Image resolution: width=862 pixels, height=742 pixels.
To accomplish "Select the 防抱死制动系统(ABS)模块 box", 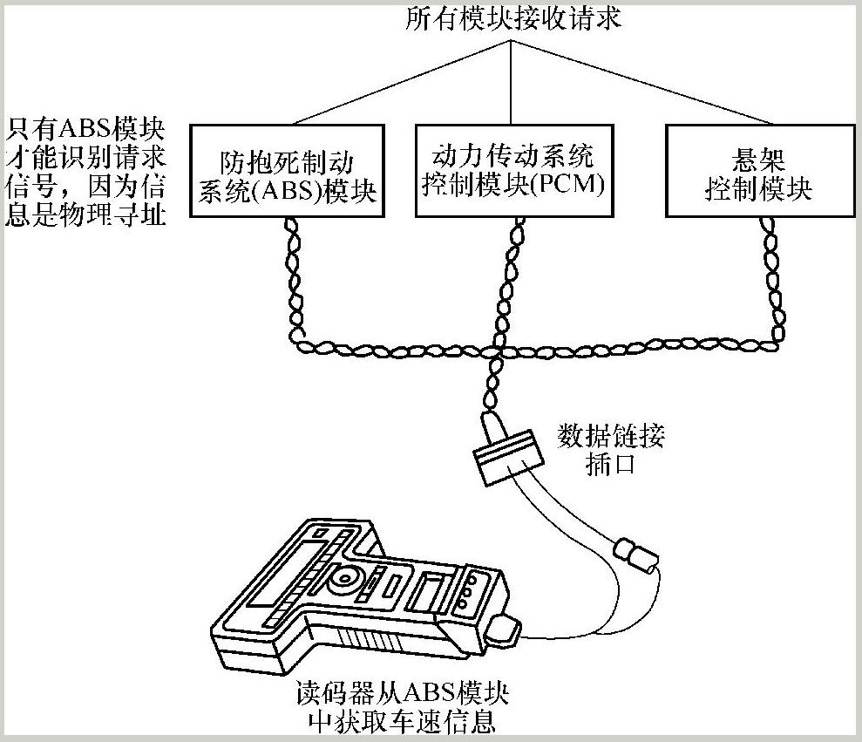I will point(288,170).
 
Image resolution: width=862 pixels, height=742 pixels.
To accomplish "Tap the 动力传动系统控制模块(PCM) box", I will point(512,170).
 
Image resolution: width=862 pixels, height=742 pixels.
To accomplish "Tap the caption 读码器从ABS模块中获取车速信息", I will point(402,708).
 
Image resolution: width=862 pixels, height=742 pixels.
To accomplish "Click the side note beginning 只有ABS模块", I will point(85,172).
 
